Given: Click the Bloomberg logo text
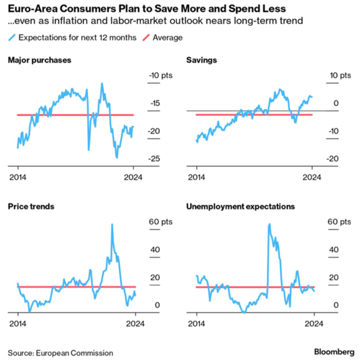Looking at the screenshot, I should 334,352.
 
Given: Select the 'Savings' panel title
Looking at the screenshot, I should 201,60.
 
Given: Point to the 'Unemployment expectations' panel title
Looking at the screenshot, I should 241,206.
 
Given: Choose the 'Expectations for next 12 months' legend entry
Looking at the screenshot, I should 77,37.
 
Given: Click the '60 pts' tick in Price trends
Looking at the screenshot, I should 161,222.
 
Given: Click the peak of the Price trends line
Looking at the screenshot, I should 112,224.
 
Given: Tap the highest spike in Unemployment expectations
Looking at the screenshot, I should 269,224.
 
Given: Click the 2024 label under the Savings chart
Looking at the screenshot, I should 312,177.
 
